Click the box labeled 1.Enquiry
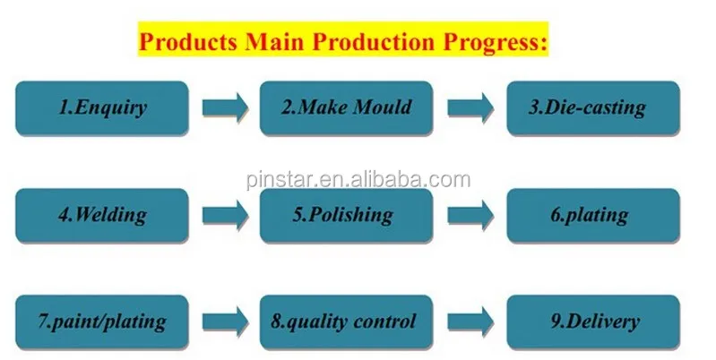pos(102,108)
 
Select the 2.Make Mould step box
pos(346,108)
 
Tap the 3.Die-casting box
pos(593,108)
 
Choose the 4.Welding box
pos(102,215)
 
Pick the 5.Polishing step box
pos(346,215)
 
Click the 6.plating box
pos(593,215)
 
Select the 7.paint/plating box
pos(102,321)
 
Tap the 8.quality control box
pos(346,321)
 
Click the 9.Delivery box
pos(593,321)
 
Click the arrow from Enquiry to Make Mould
pos(225,107)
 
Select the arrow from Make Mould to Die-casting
pos(470,107)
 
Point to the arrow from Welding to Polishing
pos(225,215)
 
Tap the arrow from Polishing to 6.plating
pos(470,215)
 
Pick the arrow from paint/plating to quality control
pos(225,321)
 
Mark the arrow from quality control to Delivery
pos(470,321)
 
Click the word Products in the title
pos(188,41)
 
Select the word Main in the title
pos(274,41)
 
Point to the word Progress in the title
pos(495,42)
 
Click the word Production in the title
pos(373,41)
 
